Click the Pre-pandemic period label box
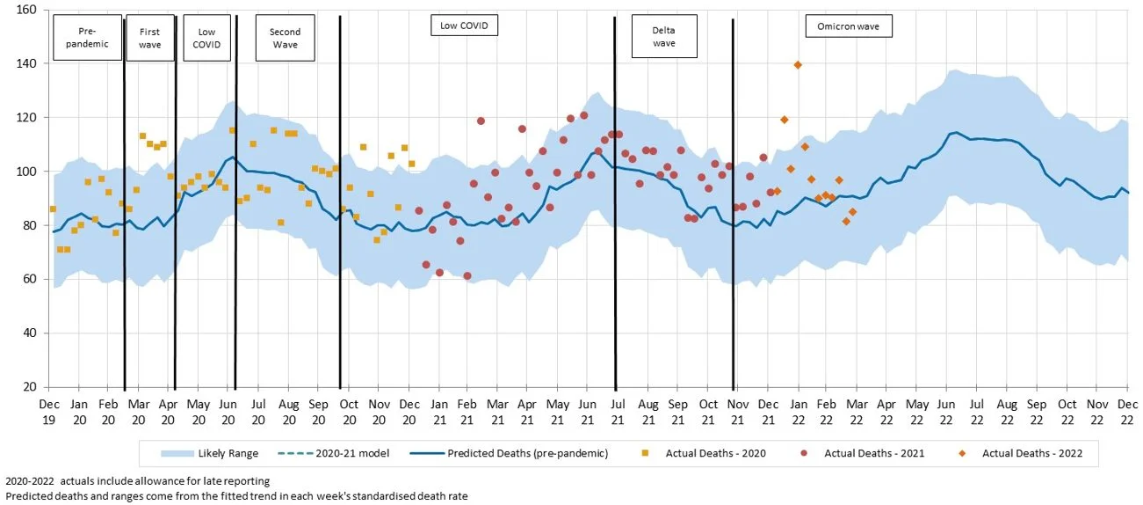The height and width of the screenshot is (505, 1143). point(87,38)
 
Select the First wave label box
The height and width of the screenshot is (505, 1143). point(150,38)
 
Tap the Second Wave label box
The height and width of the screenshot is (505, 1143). point(285,38)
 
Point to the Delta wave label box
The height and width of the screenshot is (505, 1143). point(663,37)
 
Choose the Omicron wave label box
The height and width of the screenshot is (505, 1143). point(848,26)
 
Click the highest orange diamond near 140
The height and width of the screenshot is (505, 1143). point(798,64)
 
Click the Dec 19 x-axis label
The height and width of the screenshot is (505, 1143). point(48,411)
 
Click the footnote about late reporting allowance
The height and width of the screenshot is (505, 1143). point(137,481)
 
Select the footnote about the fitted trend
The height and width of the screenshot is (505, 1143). point(235,496)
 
